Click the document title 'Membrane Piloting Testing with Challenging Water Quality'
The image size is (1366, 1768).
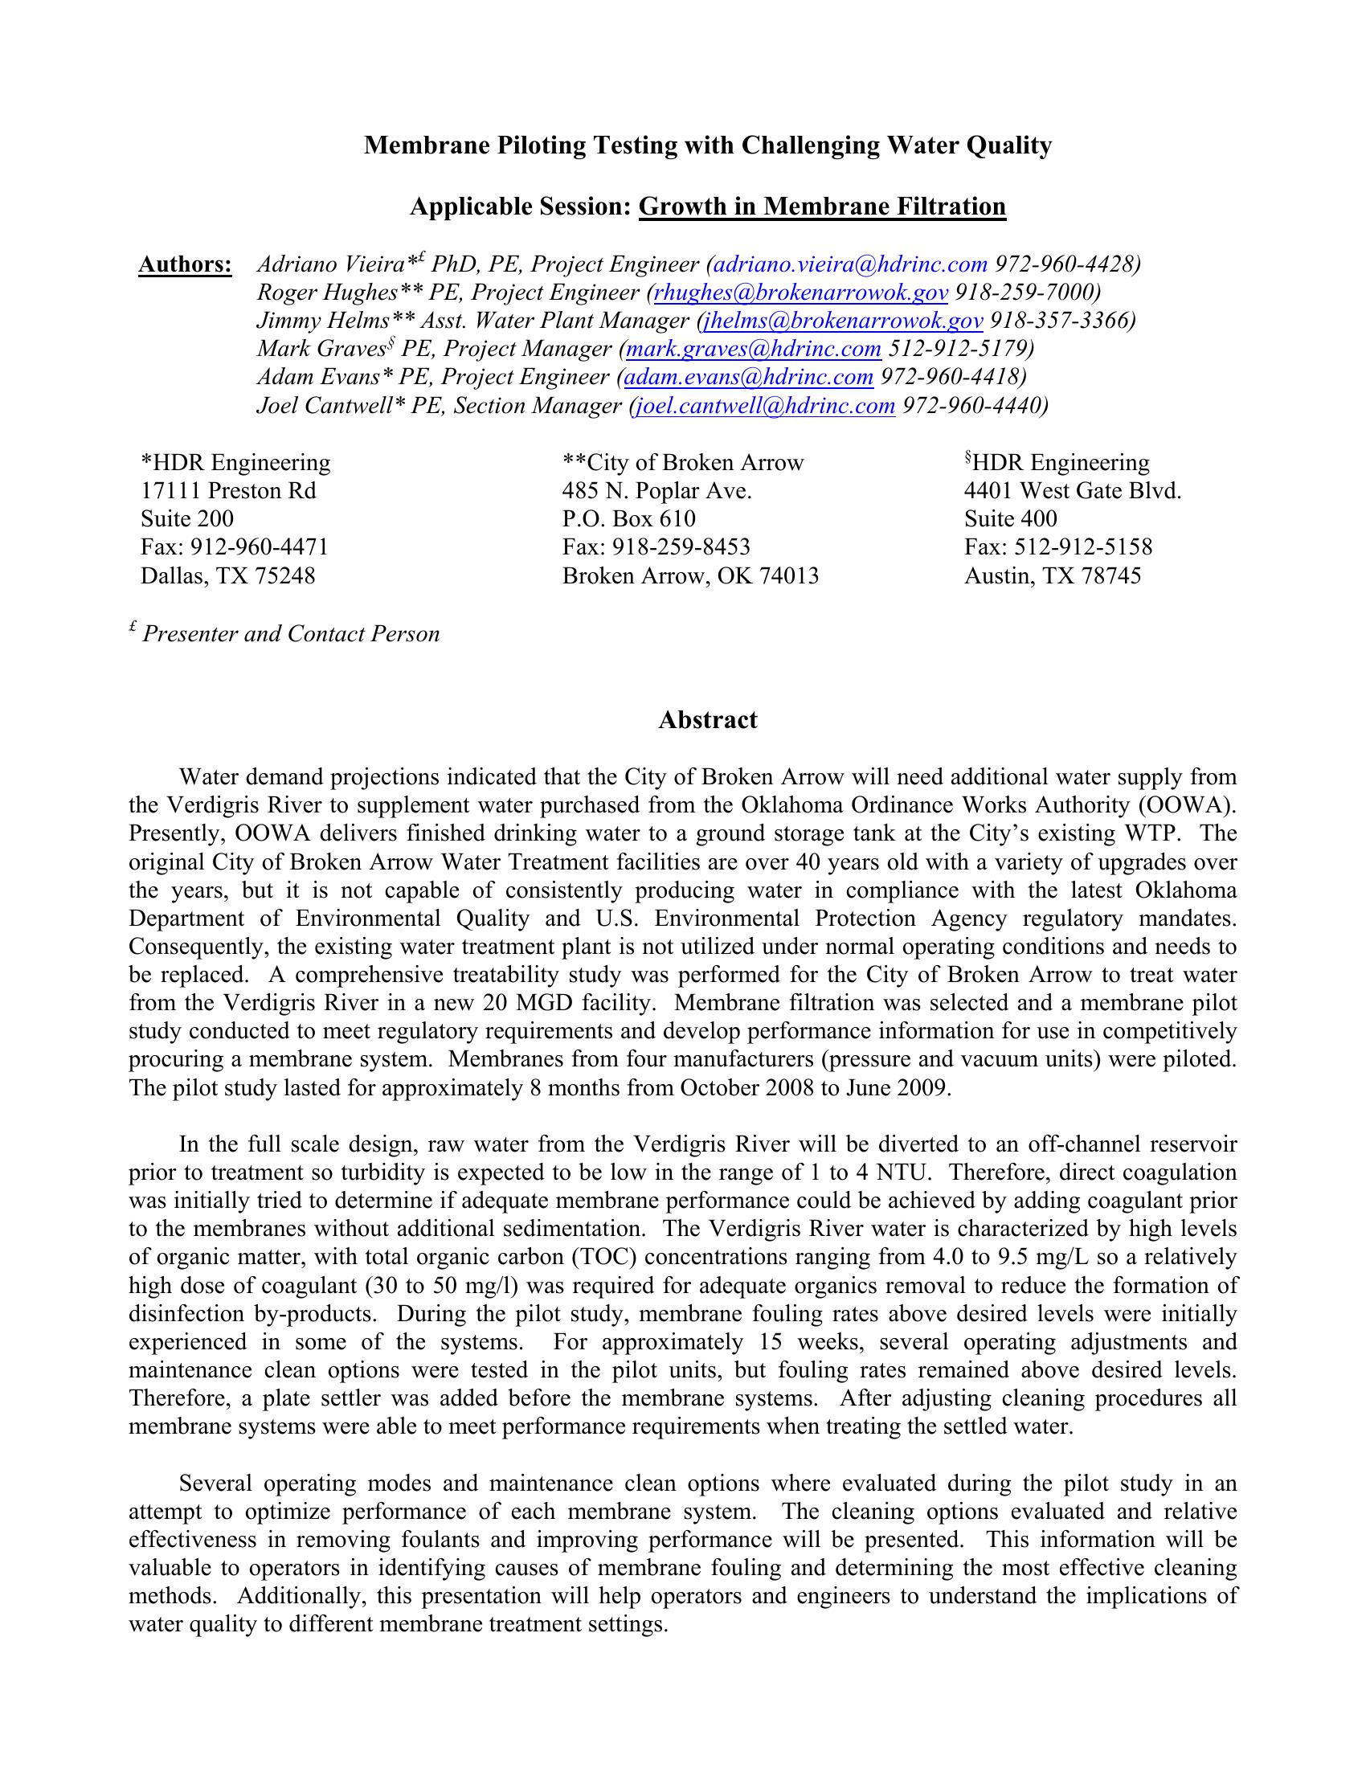point(707,145)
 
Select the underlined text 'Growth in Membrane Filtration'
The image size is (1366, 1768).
point(821,207)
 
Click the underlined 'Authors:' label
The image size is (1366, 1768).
point(186,264)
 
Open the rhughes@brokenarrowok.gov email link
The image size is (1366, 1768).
point(800,293)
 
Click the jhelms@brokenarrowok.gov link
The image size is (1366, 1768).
point(843,321)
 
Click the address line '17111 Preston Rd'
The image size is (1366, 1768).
point(228,490)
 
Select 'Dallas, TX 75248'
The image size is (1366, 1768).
point(227,575)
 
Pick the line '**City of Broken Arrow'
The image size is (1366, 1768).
point(683,463)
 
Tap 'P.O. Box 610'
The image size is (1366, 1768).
point(629,519)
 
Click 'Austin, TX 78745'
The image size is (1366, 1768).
point(1052,575)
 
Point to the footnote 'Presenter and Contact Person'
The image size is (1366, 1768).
point(291,634)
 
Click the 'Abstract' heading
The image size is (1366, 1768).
point(707,721)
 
